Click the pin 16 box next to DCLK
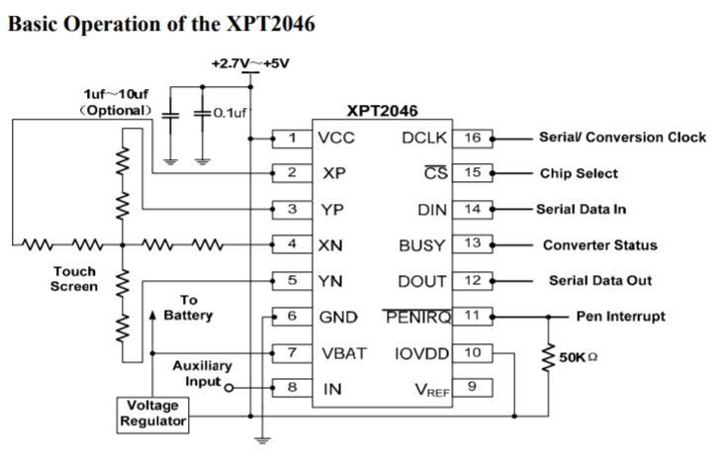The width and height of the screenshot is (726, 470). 472,138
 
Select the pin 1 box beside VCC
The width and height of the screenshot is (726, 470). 293,138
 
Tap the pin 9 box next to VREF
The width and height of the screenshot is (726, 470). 472,388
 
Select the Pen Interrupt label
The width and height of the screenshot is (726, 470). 620,317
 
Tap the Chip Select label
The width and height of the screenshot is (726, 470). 579,173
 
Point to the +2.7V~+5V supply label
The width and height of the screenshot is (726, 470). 250,63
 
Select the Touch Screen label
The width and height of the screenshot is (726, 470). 75,279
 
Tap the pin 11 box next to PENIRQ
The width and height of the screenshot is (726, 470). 472,317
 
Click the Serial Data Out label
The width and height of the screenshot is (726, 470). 600,280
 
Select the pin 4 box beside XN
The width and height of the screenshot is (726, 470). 293,244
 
